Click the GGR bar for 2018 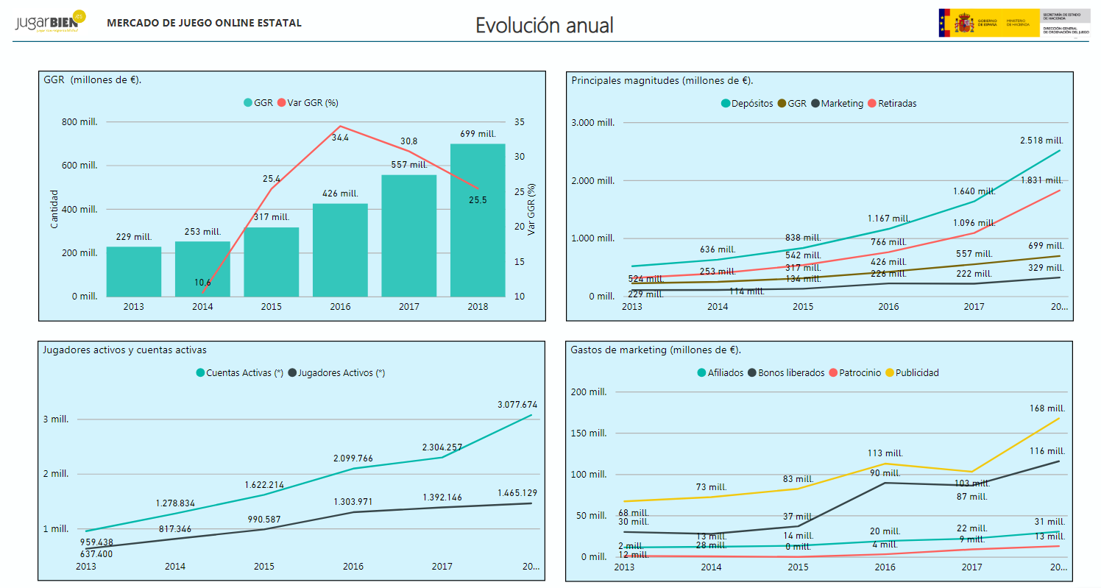tap(478, 221)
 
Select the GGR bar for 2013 tap(134, 272)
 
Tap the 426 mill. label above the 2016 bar tap(340, 194)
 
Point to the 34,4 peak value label tap(340, 137)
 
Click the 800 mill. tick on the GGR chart tap(79, 122)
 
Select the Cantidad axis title tap(54, 210)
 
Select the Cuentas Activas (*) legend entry tap(244, 373)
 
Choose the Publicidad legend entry tap(917, 373)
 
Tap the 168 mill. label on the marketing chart tap(1047, 408)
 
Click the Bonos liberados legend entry tap(790, 373)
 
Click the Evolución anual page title tap(545, 25)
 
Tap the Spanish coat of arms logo tap(963, 23)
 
